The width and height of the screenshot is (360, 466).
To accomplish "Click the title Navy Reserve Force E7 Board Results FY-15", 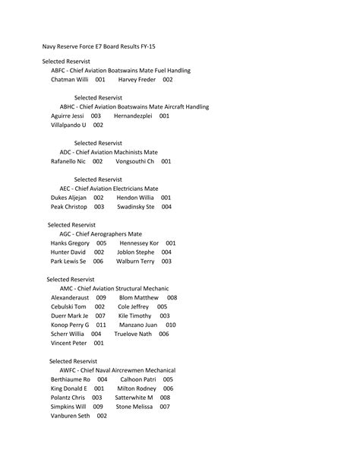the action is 104,46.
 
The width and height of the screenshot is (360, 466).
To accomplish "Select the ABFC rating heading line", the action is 121,70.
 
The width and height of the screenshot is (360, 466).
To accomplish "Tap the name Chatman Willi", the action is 70,79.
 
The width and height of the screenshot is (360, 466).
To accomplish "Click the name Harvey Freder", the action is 137,79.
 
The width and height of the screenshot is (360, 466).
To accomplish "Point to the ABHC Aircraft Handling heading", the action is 134,107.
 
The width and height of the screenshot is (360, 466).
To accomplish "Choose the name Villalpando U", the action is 68,125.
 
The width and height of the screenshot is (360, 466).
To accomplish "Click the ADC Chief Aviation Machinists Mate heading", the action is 109,152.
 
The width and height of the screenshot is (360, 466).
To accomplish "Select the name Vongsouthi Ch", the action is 134,161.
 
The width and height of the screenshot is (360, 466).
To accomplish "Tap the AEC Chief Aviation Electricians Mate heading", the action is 109,189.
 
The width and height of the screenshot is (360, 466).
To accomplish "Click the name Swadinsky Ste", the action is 135,206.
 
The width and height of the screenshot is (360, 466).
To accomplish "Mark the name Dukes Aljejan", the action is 69,197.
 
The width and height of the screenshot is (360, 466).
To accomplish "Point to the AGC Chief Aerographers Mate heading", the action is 100,233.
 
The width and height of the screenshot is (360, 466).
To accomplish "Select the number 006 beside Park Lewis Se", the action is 98,261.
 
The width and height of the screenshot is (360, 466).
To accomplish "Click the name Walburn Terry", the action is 135,261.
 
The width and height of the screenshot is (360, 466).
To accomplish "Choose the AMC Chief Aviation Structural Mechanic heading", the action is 114,289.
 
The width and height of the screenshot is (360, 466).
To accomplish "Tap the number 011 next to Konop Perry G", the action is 101,325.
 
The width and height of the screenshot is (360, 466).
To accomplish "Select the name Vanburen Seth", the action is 71,416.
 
